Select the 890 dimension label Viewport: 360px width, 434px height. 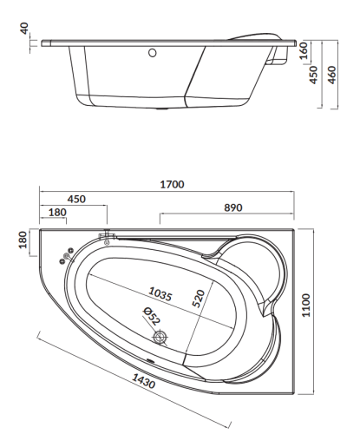[232, 207]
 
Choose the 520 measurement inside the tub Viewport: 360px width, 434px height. [198, 300]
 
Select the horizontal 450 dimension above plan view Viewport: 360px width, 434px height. [75, 200]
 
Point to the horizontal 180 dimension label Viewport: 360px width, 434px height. [58, 213]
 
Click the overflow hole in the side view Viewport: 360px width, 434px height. [154, 53]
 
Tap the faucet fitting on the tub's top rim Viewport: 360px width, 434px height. [108, 236]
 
